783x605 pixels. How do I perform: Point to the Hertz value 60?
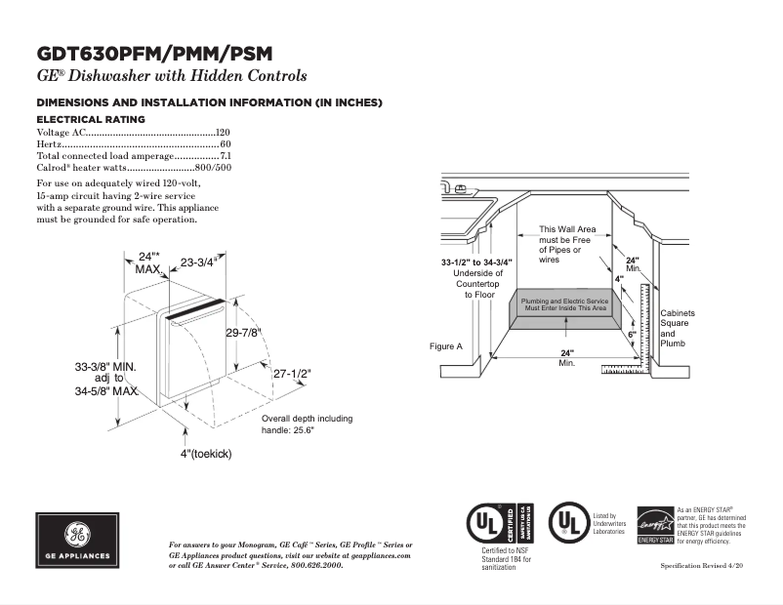point(226,143)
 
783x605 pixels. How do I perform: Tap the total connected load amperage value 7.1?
point(225,156)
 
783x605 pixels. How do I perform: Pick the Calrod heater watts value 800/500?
point(214,168)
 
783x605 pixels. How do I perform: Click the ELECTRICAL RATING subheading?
point(91,119)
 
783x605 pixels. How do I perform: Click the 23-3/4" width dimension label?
point(198,262)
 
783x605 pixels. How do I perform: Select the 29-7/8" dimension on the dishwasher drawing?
point(245,333)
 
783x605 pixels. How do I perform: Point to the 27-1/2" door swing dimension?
point(291,374)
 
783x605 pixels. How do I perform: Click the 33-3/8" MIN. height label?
point(106,367)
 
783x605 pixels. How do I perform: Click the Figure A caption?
point(445,346)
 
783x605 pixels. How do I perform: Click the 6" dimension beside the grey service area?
point(632,335)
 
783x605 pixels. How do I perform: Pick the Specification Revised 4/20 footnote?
point(703,566)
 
